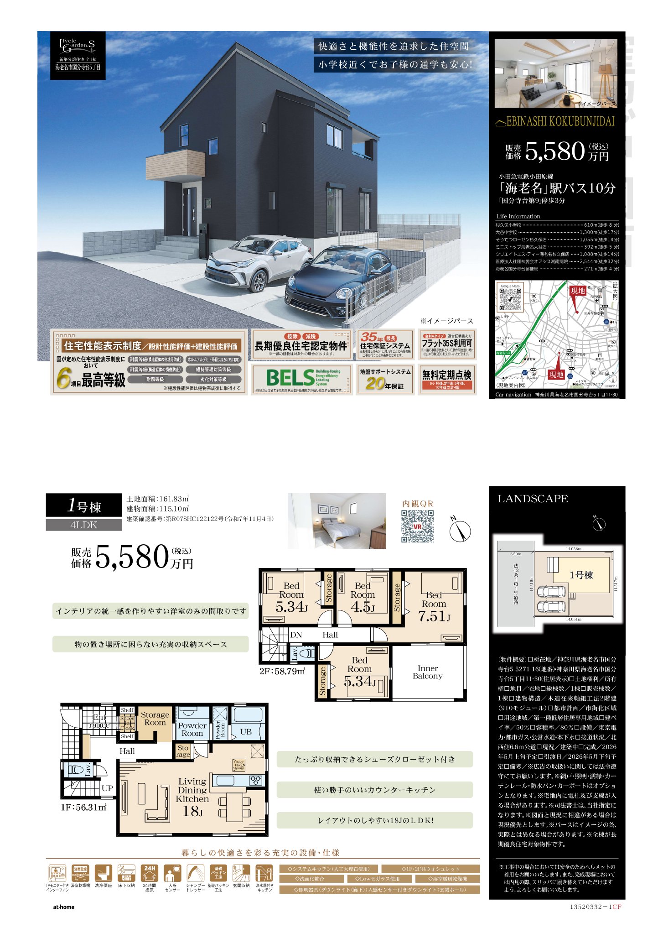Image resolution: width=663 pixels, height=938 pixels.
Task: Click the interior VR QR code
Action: click(x=417, y=526)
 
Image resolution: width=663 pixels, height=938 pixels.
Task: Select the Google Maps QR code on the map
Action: click(x=510, y=297)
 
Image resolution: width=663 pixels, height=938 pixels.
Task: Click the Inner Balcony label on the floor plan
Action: click(x=427, y=672)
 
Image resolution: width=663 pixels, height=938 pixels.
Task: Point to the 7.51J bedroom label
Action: click(x=434, y=608)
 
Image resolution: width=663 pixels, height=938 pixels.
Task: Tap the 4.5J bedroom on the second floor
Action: click(x=363, y=598)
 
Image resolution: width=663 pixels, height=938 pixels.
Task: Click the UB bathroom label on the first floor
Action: click(x=246, y=732)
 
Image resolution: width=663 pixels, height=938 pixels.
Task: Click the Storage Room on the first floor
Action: click(x=155, y=719)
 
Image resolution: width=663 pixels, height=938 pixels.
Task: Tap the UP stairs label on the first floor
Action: click(x=107, y=788)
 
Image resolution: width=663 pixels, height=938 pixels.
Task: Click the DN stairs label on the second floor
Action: click(x=296, y=635)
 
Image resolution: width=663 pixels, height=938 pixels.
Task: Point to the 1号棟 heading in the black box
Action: click(x=84, y=506)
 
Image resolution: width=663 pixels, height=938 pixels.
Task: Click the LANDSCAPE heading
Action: click(x=533, y=499)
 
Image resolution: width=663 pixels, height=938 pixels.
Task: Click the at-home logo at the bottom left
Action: click(x=63, y=907)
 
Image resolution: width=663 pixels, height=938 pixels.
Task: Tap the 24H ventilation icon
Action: click(x=150, y=874)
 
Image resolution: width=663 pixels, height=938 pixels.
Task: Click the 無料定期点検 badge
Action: click(x=447, y=378)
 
